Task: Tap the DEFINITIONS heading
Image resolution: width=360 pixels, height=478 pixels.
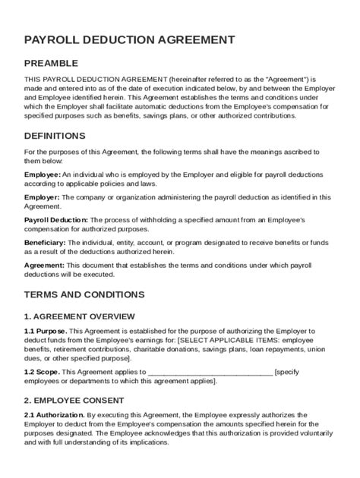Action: pyautogui.click(x=55, y=136)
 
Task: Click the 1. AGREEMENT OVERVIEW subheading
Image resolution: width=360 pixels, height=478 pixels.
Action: pyautogui.click(x=80, y=316)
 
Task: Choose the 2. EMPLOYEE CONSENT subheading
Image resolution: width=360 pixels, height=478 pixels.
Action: pyautogui.click(x=74, y=398)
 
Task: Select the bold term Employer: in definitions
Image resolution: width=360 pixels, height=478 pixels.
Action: pyautogui.click(x=42, y=197)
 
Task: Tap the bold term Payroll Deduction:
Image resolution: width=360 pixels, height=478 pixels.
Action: pyautogui.click(x=58, y=219)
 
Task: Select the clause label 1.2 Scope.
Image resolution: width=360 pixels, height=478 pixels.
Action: pyautogui.click(x=42, y=373)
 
